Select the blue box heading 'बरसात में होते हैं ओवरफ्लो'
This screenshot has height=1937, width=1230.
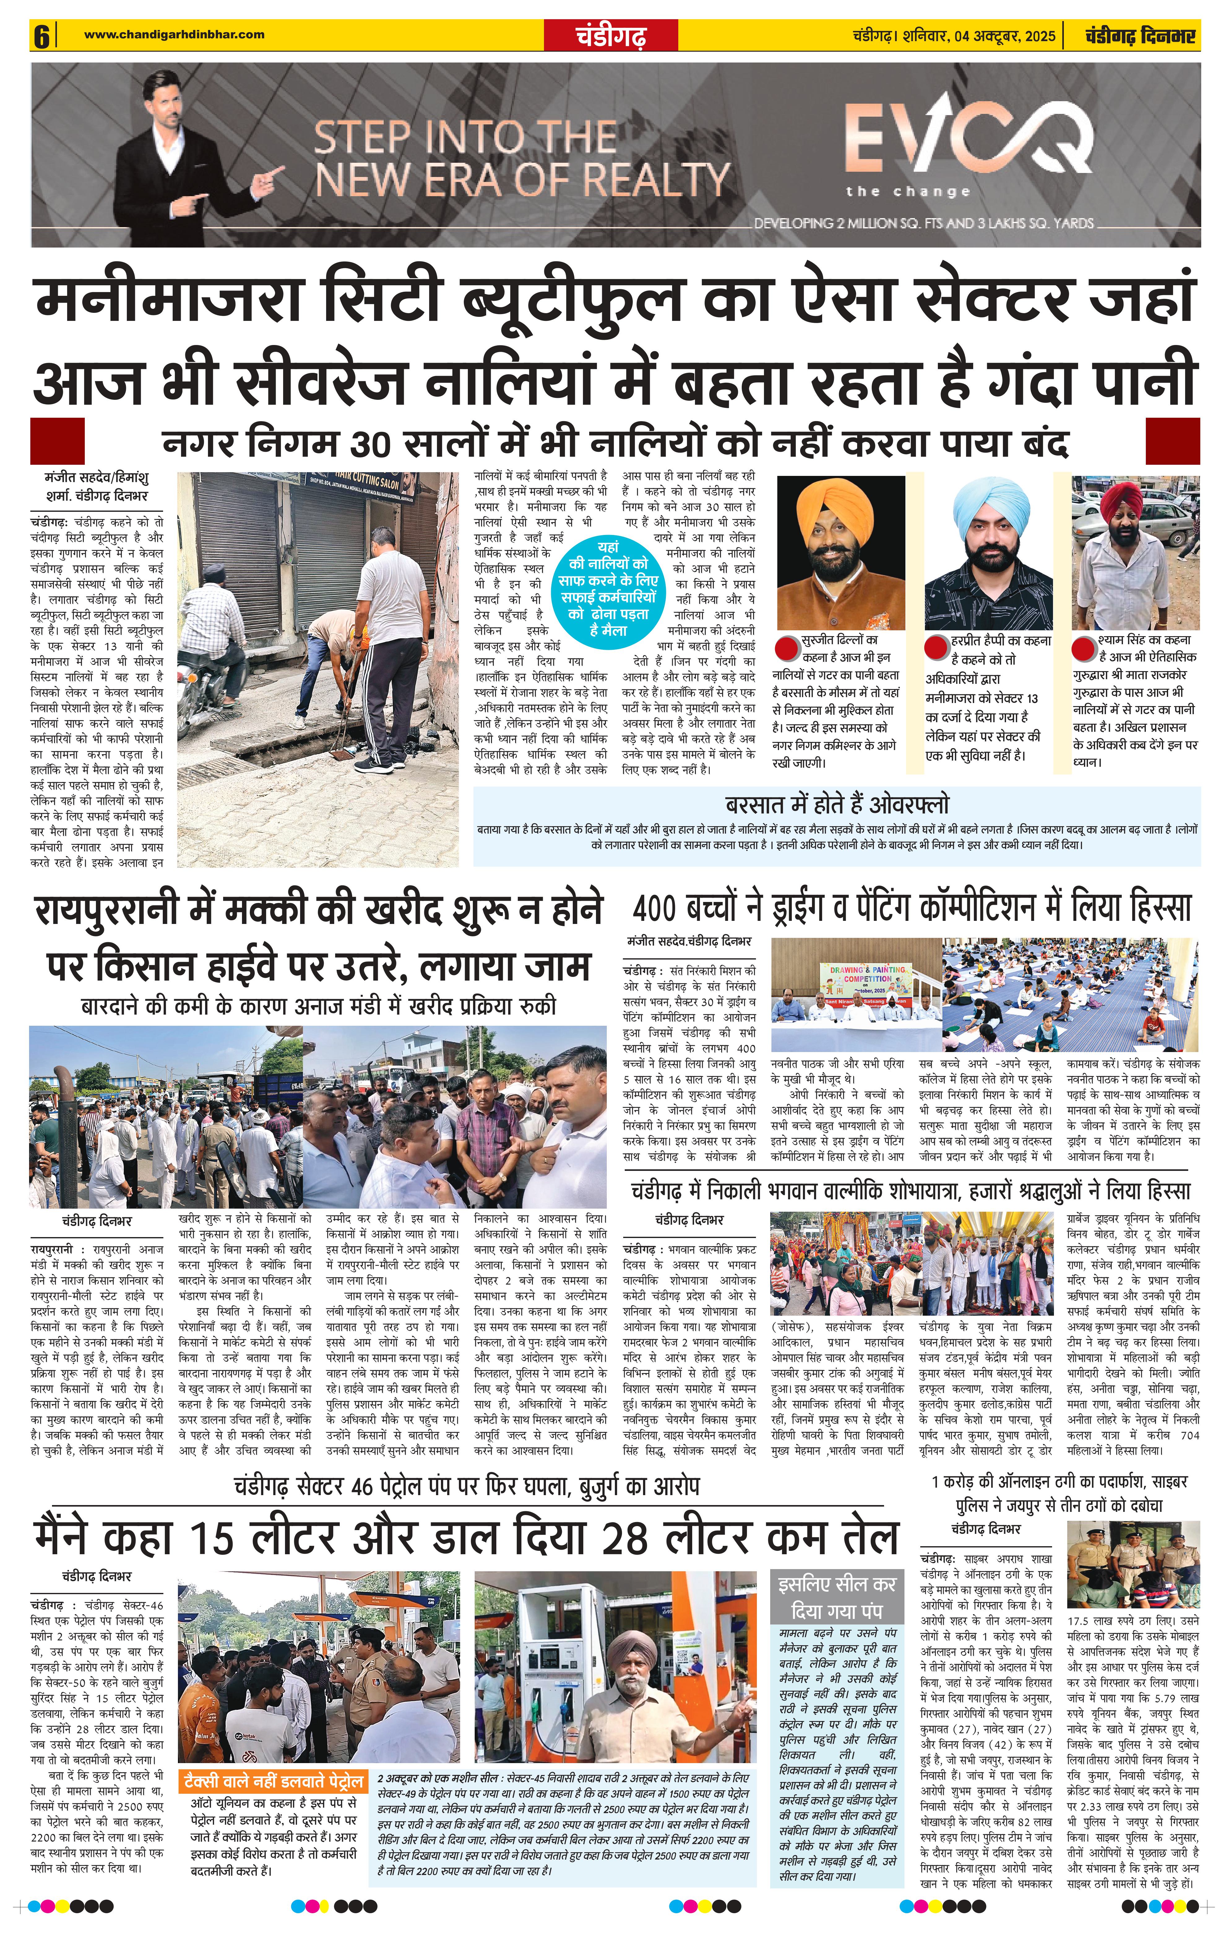tap(837, 805)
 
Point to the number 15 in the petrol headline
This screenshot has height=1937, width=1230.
tap(213, 1537)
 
